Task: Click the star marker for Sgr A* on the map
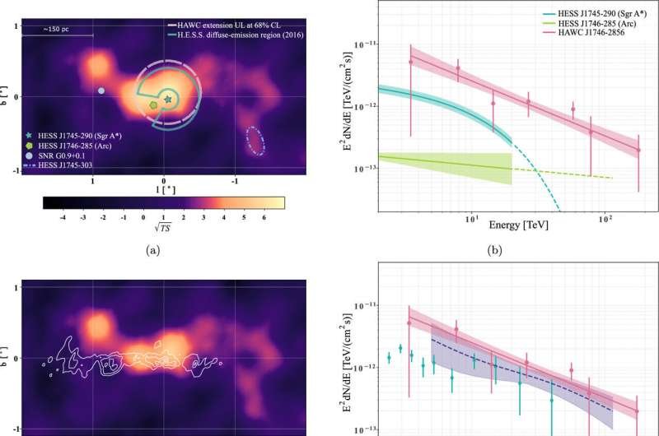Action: click(x=168, y=99)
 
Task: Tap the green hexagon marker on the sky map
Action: click(x=154, y=105)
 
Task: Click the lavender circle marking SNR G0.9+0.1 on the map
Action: click(x=100, y=90)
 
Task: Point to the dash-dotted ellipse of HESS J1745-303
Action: click(x=256, y=141)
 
